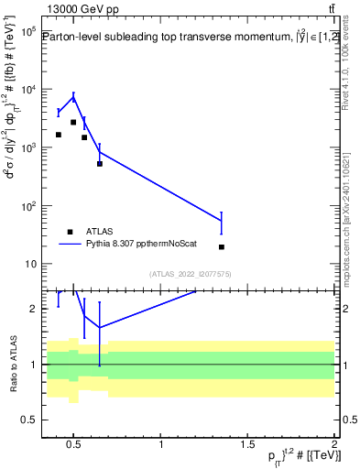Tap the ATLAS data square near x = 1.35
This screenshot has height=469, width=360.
pyautogui.click(x=222, y=246)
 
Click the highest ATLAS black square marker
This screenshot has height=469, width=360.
pyautogui.click(x=73, y=122)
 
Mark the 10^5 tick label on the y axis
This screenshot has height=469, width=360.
pyautogui.click(x=26, y=31)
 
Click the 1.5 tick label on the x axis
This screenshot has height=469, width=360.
pyautogui.click(x=248, y=445)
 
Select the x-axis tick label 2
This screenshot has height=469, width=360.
pyautogui.click(x=334, y=445)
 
